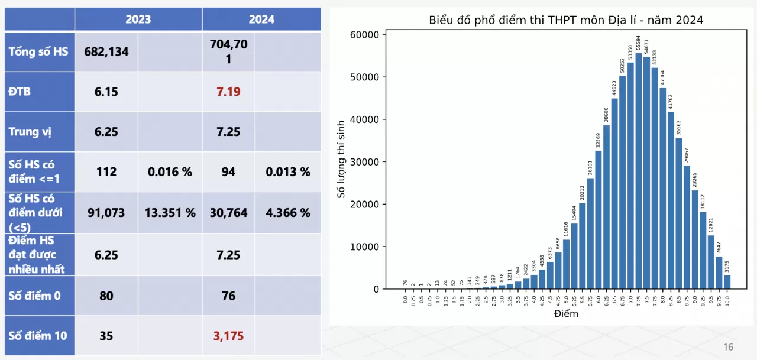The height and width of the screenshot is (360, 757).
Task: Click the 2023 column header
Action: coord(138,20)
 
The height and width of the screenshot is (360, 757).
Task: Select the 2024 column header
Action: coord(261,20)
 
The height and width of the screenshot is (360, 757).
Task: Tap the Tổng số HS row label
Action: coord(38,51)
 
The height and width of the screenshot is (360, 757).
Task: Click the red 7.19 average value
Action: coord(228,92)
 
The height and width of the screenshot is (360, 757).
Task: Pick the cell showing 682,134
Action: coord(106,51)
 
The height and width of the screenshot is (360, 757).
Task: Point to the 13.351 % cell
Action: coord(170,212)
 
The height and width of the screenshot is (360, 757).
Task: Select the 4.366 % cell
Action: coord(288,212)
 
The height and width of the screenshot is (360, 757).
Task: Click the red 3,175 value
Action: coord(228,336)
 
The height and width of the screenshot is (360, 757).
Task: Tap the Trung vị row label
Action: coord(30,131)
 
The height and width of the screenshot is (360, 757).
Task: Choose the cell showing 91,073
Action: coord(106,212)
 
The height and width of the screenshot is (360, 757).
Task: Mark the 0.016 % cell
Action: coord(170,172)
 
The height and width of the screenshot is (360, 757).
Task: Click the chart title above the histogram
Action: coord(565,20)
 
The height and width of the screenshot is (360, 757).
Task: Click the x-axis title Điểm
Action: coord(566,314)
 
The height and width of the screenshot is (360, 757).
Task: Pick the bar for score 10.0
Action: coord(727,282)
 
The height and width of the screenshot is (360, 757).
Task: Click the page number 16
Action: coord(728,346)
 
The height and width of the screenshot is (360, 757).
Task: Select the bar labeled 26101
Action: coord(590,233)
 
